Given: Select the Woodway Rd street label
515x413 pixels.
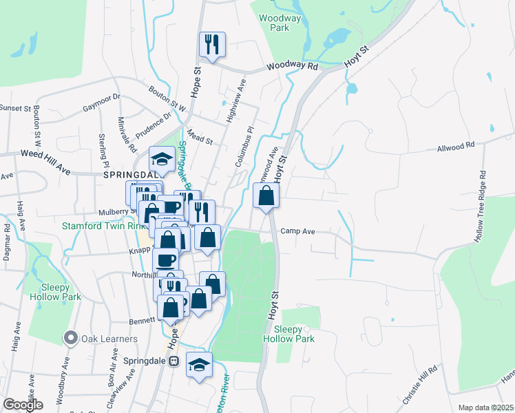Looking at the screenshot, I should pos(293,67).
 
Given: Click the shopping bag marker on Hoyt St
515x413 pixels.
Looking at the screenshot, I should pos(266,196).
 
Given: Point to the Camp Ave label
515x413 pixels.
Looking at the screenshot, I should pos(297,232).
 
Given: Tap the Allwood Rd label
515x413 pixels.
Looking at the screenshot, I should pos(456,147).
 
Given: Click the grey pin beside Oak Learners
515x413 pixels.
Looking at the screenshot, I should pos(70,338).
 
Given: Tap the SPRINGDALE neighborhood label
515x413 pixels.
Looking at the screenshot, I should pos(131,176).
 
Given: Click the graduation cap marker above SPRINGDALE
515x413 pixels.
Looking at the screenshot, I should pos(162,159).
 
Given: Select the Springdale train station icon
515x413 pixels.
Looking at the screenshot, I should pos(174,360).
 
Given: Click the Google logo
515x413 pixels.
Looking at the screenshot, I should pos(22,405).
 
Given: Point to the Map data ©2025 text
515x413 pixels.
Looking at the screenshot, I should pos(485,407).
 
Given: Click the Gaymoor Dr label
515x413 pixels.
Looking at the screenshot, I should pos(101,103).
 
